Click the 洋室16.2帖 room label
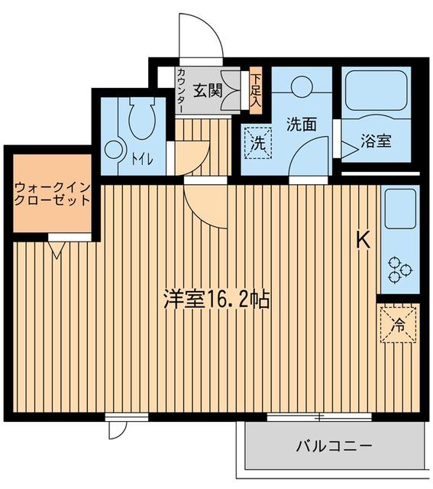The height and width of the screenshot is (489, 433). coord(216,299)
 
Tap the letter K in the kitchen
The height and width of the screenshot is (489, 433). coord(363,240)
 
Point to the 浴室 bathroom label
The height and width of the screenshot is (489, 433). coord(376,141)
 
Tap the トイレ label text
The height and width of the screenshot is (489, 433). coord(140,159)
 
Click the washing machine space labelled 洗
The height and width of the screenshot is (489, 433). coord(259,141)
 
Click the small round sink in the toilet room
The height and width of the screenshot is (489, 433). coord(115,151)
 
